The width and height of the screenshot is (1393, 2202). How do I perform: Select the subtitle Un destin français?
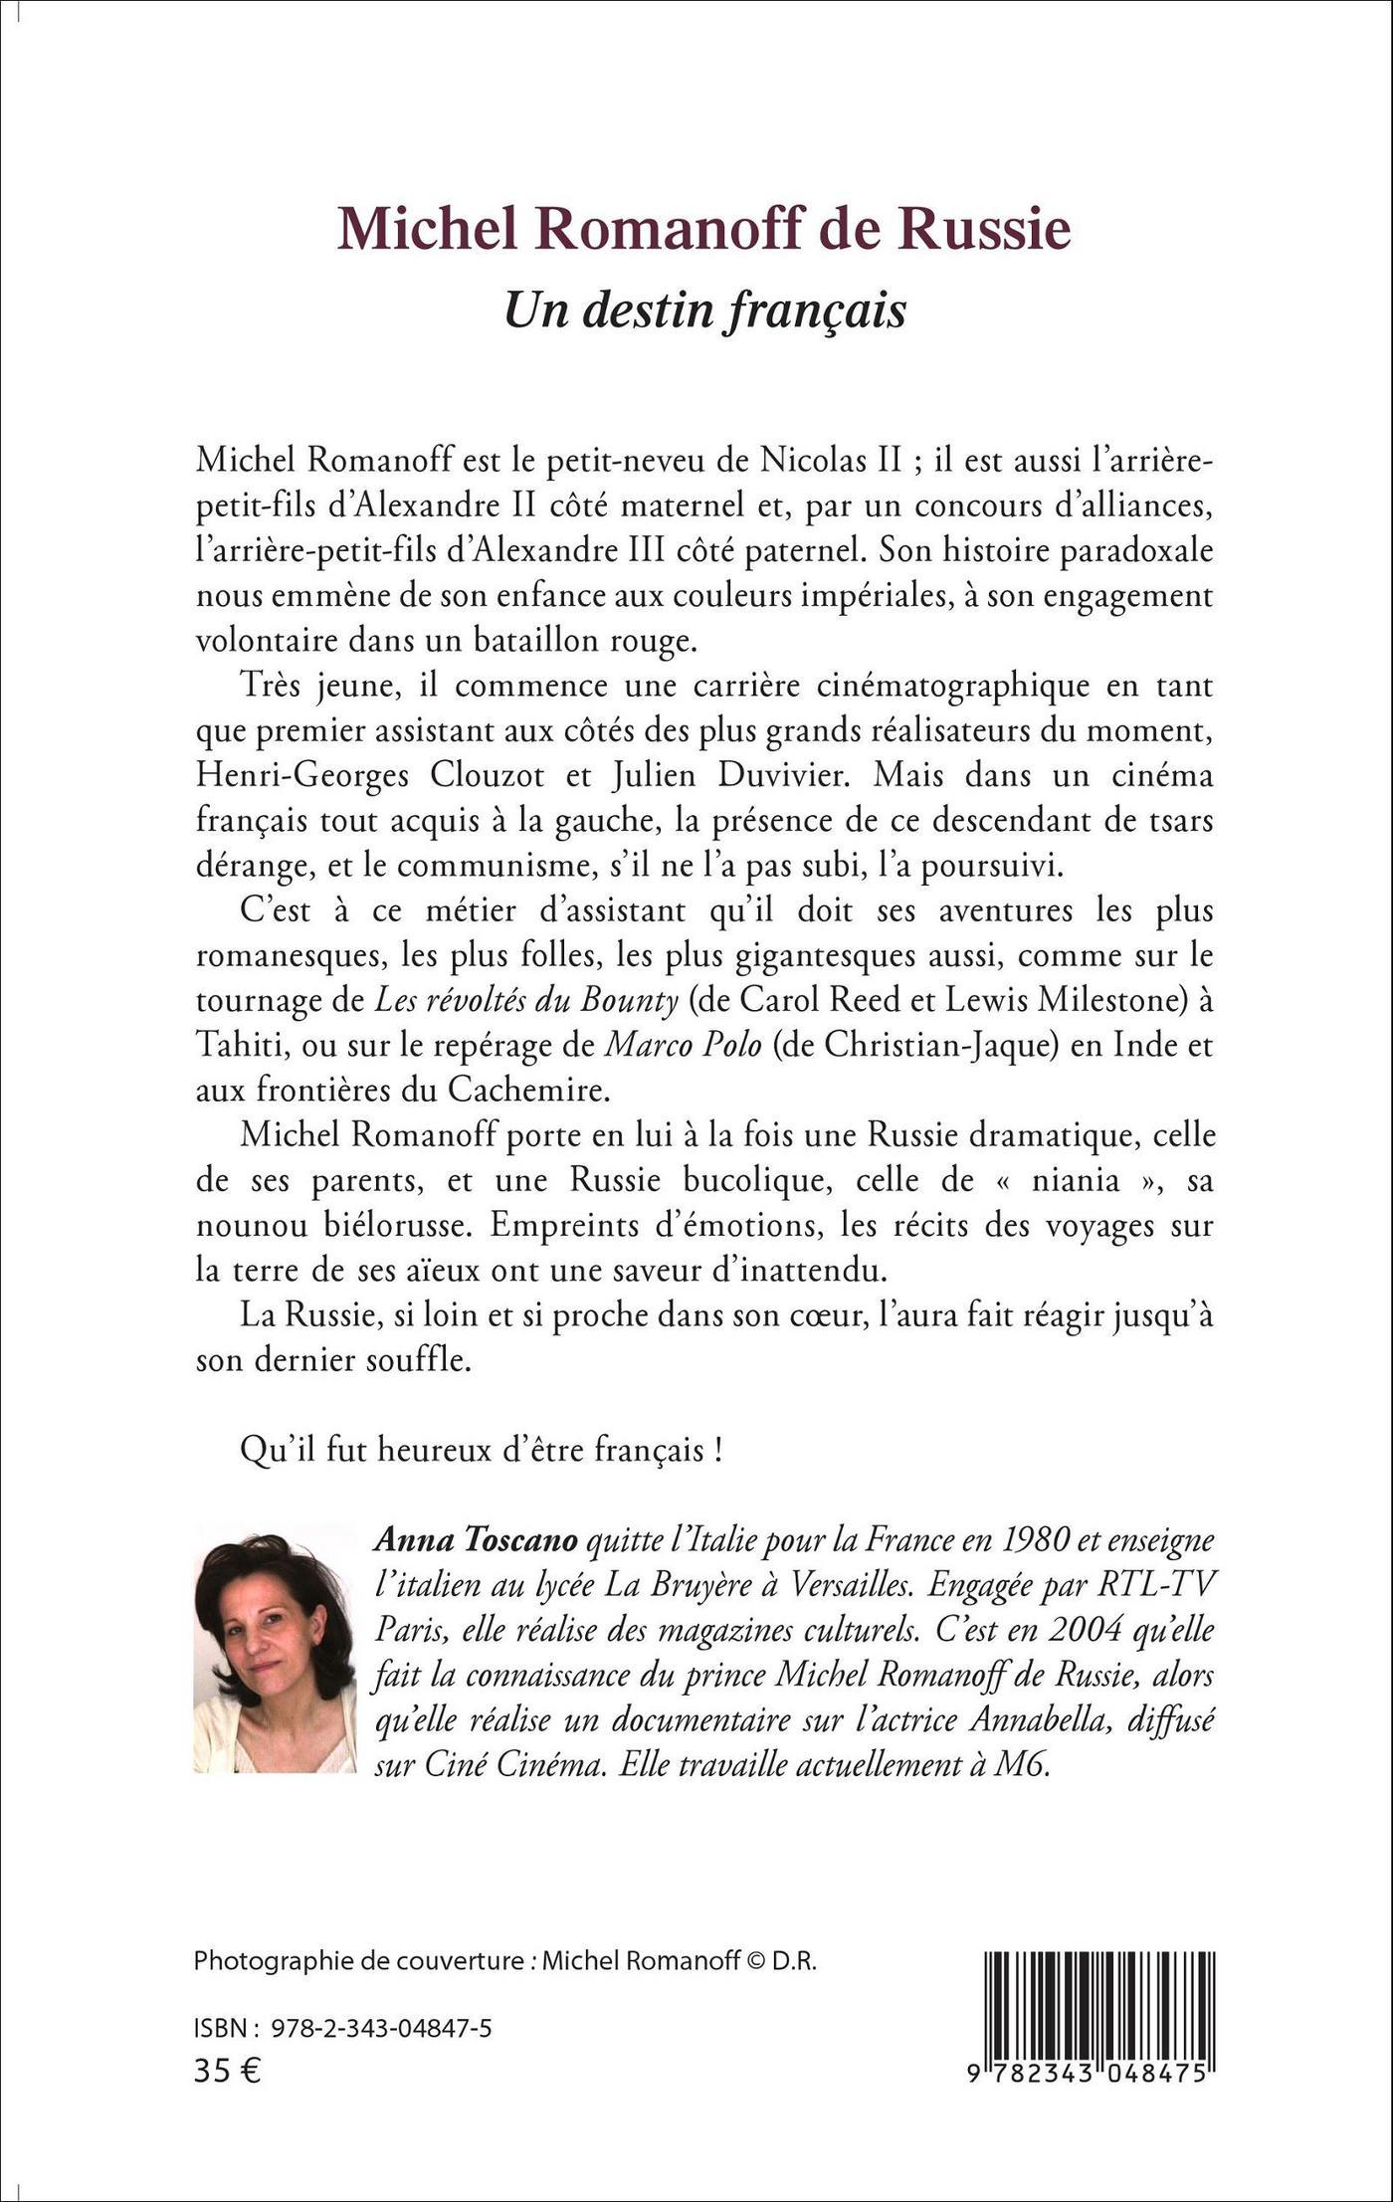(x=705, y=309)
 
